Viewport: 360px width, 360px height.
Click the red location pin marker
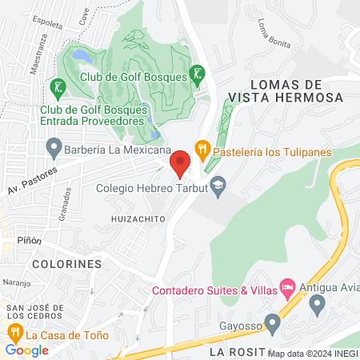pos(179,163)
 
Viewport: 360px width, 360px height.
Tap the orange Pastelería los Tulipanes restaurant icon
pos(202,147)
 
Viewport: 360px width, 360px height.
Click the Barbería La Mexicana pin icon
pos(54,148)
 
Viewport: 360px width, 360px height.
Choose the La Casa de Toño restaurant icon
pos(14,331)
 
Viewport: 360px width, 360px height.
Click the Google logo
pos(26,350)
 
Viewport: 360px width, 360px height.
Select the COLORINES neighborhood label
pos(66,263)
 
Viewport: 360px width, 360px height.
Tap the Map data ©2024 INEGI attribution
pos(313,353)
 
